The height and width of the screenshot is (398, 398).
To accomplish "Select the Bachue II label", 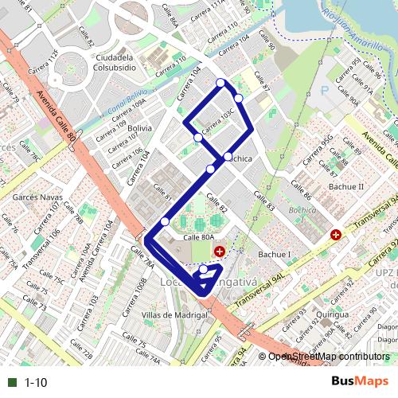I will coord(346,186).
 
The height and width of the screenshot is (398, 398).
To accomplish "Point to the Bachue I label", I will coord(275,255).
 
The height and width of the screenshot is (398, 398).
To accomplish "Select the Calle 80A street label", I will coord(199,237).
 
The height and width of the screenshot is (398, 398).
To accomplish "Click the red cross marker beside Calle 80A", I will coord(219,251).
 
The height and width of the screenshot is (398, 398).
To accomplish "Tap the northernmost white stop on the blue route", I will coord(220,82).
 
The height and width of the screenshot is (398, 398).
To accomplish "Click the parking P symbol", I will coord(324,90).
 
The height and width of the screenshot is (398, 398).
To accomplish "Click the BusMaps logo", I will coord(360,381).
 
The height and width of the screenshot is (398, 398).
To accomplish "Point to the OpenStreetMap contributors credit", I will coord(329,357).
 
